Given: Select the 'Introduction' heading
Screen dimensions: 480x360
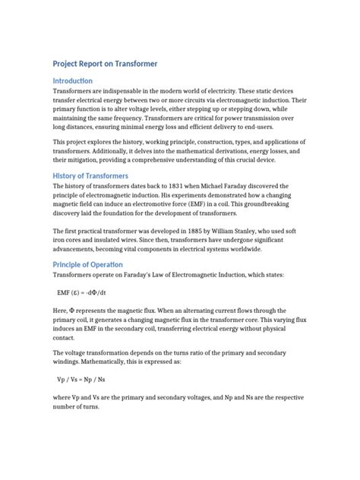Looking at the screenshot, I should click(x=72, y=81).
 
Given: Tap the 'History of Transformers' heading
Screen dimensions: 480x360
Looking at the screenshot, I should click(x=96, y=176).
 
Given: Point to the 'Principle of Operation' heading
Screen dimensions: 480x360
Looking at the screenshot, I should click(x=92, y=264).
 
